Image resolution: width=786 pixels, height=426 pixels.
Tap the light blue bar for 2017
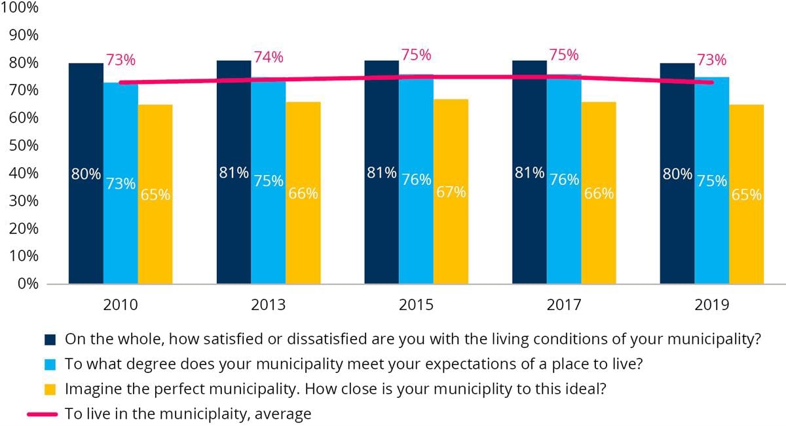point(564,229)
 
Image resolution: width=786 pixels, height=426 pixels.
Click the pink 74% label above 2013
point(269,57)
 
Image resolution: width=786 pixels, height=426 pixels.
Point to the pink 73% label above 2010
point(121,60)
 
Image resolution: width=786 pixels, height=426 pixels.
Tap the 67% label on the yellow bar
point(451,192)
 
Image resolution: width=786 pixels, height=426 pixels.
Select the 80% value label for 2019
point(677,174)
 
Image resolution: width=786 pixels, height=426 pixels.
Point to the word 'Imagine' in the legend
point(87,389)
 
